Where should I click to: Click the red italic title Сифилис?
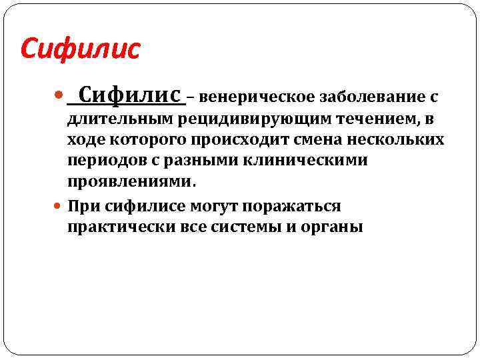click(x=81, y=48)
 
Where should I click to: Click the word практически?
click(x=119, y=227)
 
